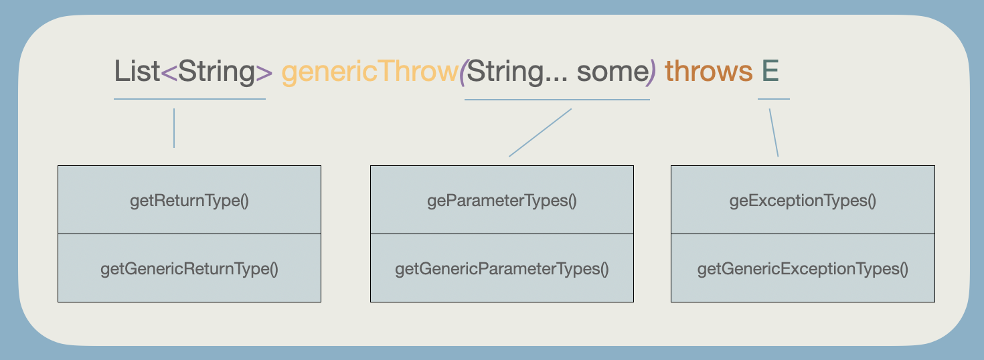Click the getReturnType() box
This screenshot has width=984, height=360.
pos(189,200)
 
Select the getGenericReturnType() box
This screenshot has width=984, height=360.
pos(189,268)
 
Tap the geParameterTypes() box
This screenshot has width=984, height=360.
pos(501,200)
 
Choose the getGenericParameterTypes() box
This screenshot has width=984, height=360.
pos(501,268)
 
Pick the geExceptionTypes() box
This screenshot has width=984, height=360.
pos(803,200)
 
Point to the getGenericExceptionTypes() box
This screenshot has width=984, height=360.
pos(803,268)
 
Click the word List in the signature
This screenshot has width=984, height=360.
pos(137,71)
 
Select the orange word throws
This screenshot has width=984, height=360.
pos(709,71)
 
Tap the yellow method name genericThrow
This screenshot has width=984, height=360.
pos(370,72)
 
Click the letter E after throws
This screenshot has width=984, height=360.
pos(770,71)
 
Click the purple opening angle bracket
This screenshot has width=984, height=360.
pos(169,72)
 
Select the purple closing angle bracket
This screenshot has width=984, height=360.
pos(264,72)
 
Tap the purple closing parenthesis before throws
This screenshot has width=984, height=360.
pos(653,72)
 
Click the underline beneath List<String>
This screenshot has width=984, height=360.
pos(190,99)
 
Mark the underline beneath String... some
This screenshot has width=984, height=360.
pos(557,100)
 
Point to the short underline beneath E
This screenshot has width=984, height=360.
pos(774,99)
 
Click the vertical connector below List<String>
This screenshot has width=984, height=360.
pos(174,128)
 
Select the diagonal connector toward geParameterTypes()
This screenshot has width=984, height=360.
pos(540,132)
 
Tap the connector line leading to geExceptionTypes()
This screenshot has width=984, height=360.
pos(774,132)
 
